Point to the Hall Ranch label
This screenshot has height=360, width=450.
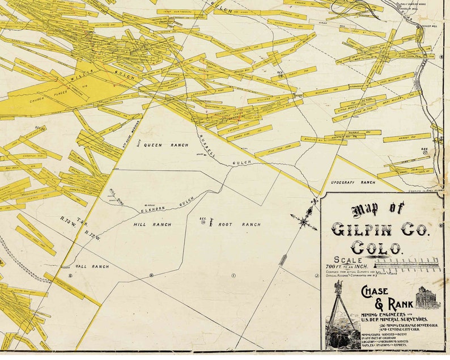click(x=88, y=265)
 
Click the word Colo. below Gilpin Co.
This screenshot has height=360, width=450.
click(x=377, y=248)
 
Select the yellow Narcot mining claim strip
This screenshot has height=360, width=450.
click(x=406, y=137)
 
